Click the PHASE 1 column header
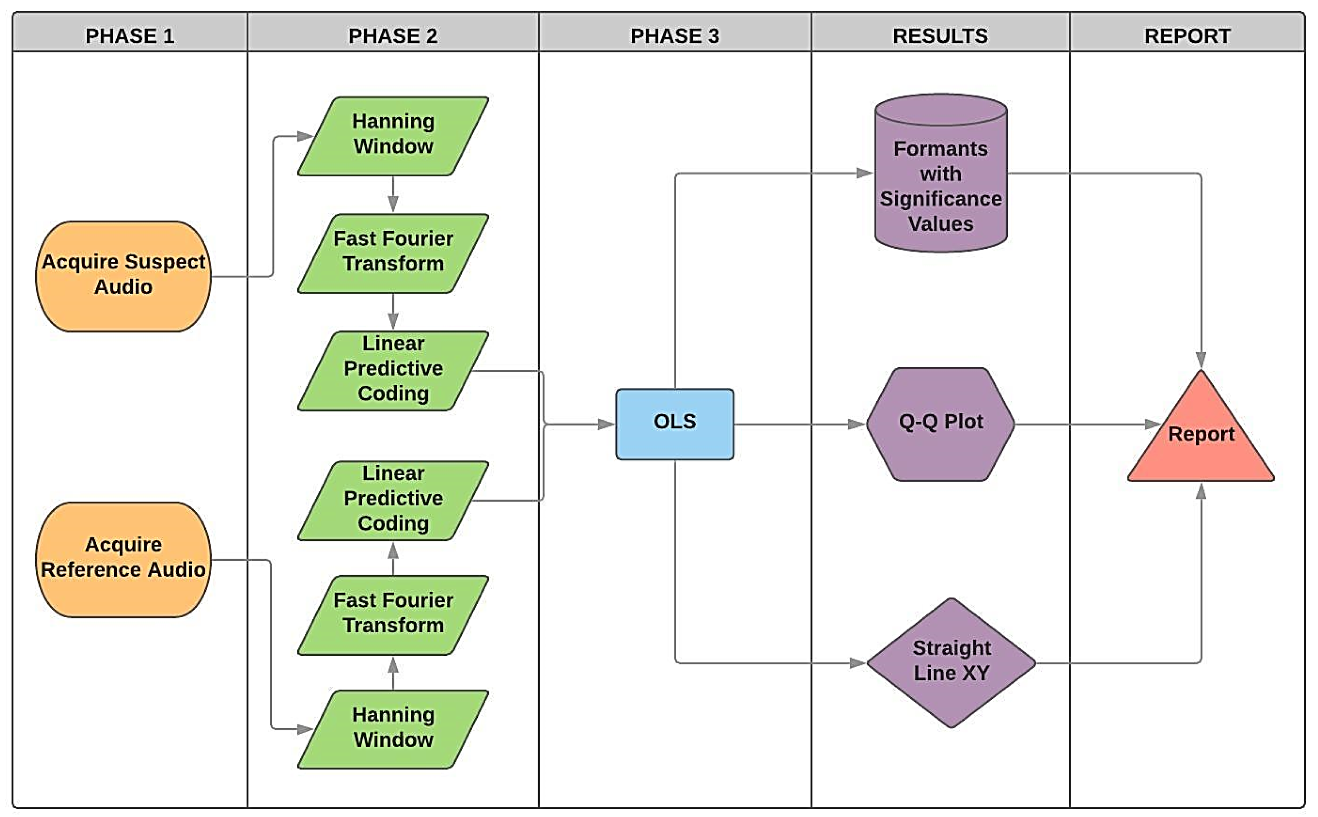tap(130, 36)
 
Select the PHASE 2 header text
tap(393, 36)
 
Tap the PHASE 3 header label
tap(674, 36)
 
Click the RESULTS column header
tap(940, 36)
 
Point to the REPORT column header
tap(1187, 36)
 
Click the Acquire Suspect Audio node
tap(123, 276)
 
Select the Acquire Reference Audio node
tap(123, 558)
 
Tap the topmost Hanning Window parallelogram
tap(393, 135)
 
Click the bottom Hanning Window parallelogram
tap(393, 728)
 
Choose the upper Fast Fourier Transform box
tap(393, 253)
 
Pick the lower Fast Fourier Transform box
tap(393, 614)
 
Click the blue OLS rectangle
tap(674, 423)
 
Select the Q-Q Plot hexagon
tap(940, 423)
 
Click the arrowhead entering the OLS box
tap(606, 424)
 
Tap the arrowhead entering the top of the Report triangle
tap(1201, 359)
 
